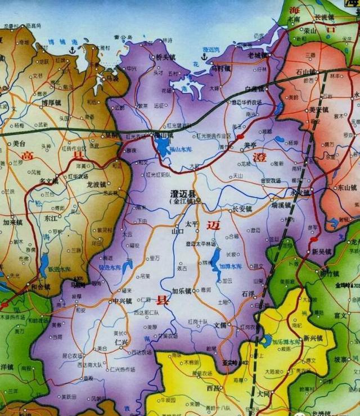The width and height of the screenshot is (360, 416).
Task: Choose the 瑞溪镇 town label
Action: [x=280, y=205]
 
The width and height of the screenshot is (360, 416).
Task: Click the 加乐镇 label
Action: [x=183, y=291]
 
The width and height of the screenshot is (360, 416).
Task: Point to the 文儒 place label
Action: [x=220, y=325]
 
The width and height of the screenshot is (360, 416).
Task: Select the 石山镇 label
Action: [x=307, y=71]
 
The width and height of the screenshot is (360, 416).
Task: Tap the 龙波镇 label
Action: [x=96, y=184]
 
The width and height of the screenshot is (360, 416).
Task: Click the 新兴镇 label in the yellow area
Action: [x=313, y=338]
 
